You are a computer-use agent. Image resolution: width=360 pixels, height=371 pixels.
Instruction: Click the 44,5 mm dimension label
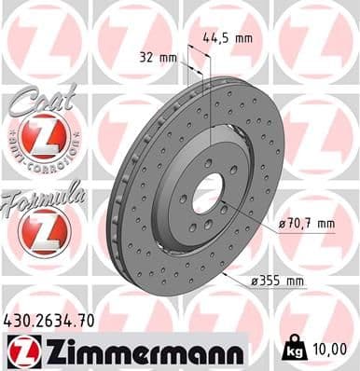(x=228, y=39)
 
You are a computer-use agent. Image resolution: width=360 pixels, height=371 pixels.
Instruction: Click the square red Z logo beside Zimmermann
(x=20, y=350)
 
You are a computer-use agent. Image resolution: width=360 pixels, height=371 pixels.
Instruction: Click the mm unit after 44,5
(x=243, y=39)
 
